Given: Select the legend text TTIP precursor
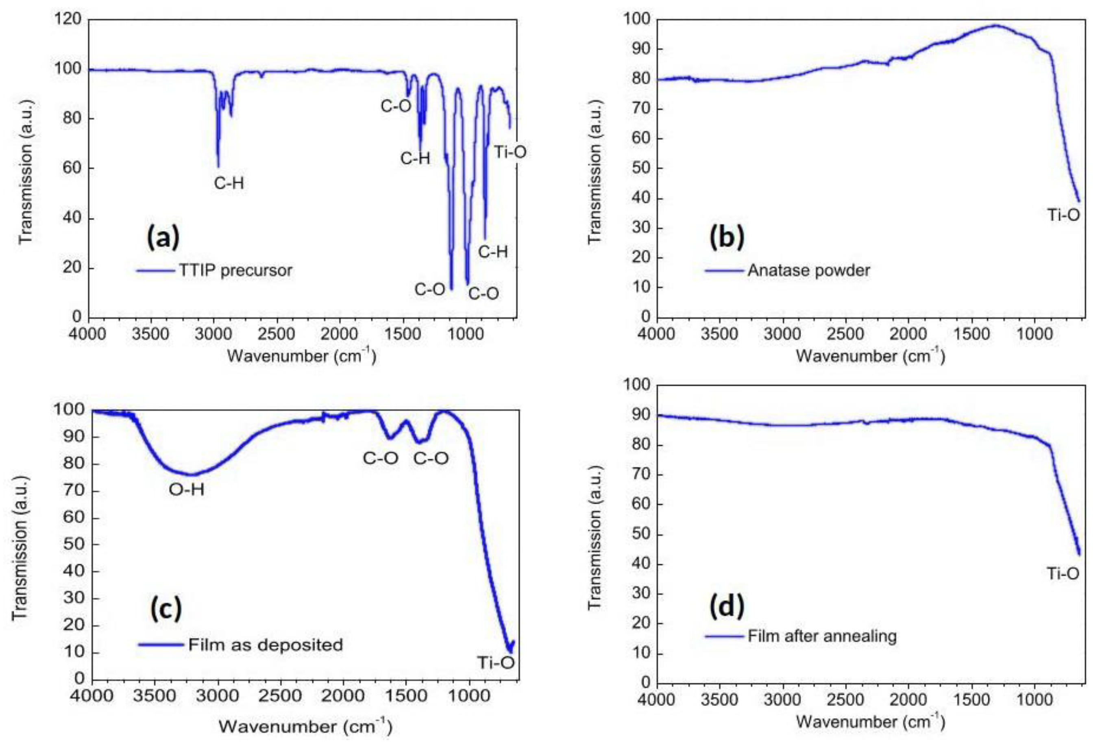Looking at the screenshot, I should tap(236, 271).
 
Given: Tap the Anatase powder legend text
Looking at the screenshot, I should tap(808, 271).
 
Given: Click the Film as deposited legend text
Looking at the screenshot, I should tap(265, 645).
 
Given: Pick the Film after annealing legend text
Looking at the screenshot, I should tap(822, 636).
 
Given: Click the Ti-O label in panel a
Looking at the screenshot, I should tap(510, 152).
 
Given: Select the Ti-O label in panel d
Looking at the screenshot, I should tap(1063, 574).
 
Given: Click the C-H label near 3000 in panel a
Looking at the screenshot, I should tap(229, 183).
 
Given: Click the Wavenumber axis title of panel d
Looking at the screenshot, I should tap(870, 721).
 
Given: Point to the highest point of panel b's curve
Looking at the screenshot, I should tap(995, 26).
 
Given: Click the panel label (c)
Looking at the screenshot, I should tap(166, 610).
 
